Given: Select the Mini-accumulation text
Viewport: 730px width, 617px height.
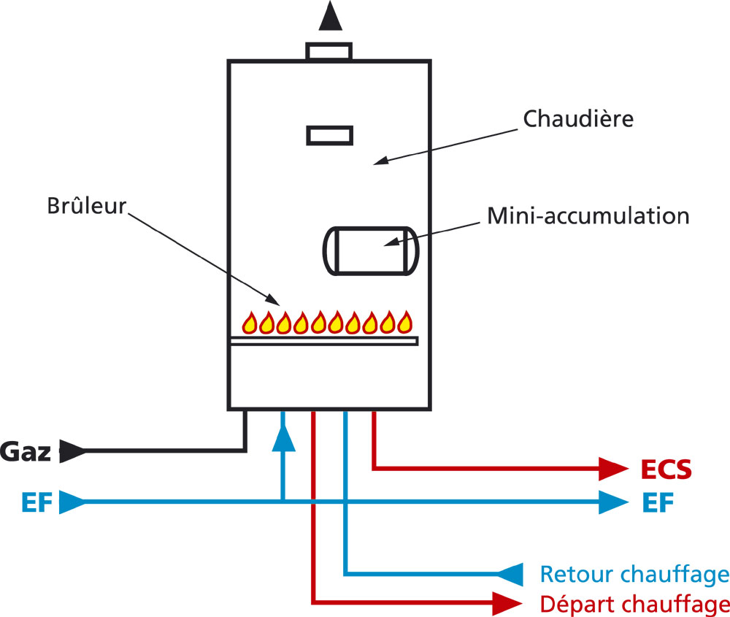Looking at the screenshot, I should (588, 217).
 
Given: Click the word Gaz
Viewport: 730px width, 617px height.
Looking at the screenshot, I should (26, 452).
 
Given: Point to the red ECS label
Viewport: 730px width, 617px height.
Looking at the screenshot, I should (665, 470).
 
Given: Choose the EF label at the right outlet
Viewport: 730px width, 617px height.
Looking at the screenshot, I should (658, 502).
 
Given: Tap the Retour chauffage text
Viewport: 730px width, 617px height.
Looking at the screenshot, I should (634, 574).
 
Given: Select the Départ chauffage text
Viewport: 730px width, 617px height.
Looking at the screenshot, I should (634, 604).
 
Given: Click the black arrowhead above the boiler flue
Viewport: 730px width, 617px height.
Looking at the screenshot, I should (330, 16).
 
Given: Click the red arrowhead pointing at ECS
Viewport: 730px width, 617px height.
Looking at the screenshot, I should (613, 470).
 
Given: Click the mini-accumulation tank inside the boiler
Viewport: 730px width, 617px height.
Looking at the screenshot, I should (369, 250).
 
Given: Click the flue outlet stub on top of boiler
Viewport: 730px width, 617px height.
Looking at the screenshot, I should (329, 51).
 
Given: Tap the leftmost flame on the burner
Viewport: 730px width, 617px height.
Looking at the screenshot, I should (250, 321).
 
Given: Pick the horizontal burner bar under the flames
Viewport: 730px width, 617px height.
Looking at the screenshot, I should (323, 340).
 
